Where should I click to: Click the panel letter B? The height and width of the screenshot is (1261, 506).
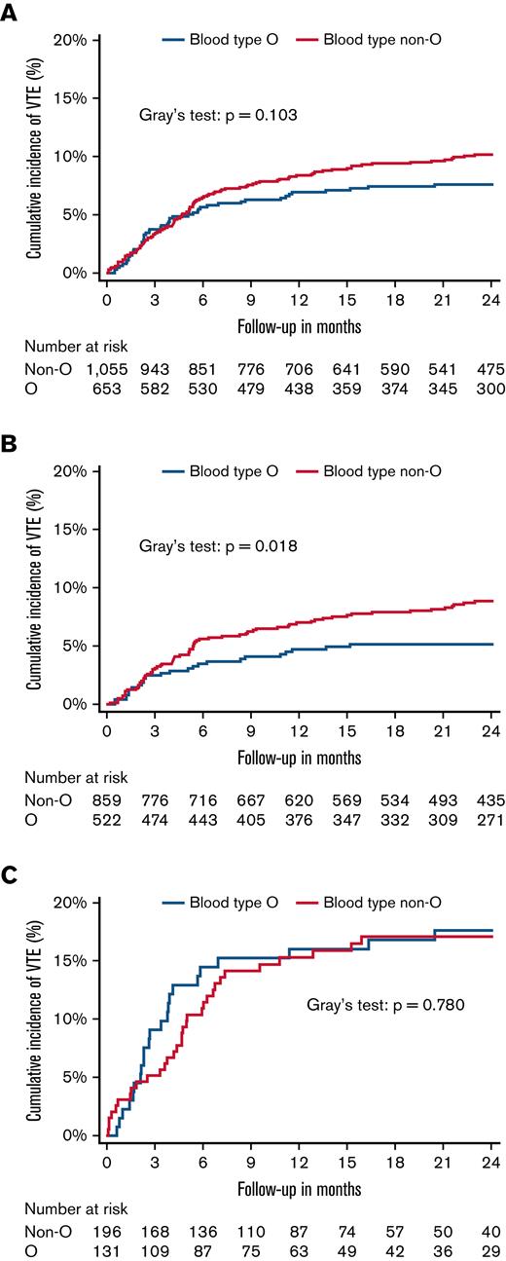(x=11, y=443)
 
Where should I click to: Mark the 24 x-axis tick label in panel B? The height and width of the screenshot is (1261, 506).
(x=489, y=730)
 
